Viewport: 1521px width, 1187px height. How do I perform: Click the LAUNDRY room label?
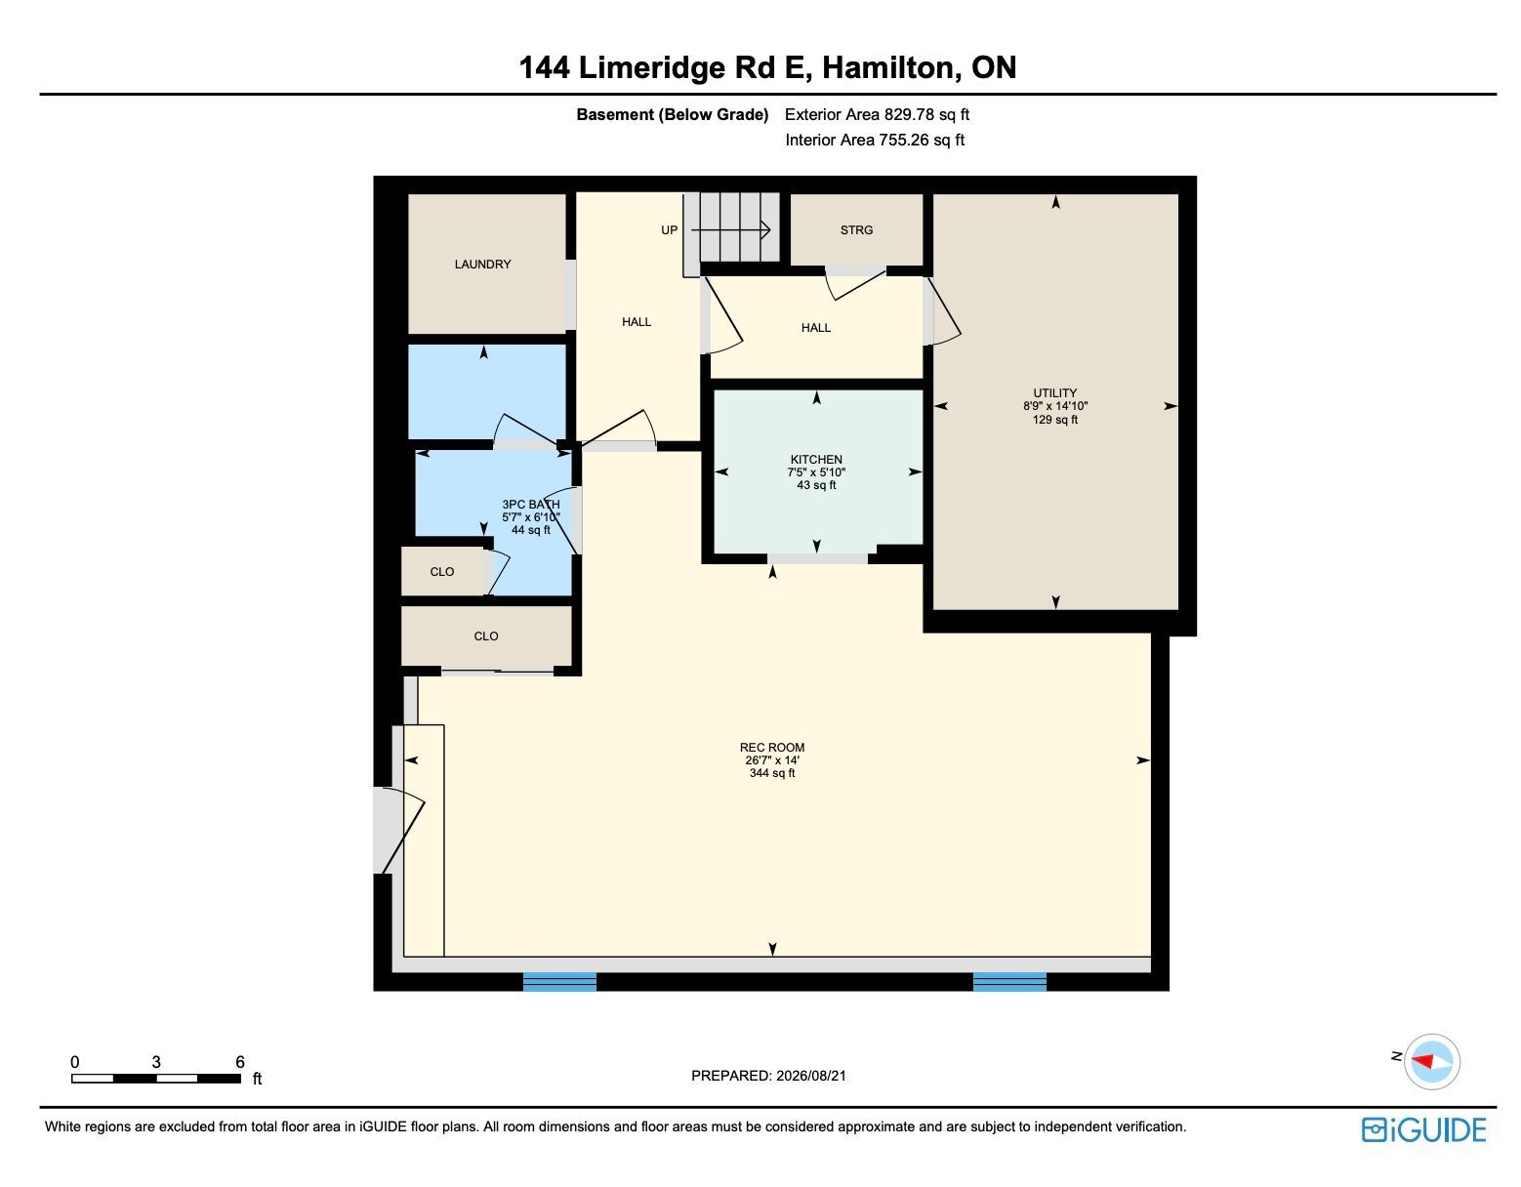[482, 264]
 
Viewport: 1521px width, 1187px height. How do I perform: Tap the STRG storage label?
[856, 229]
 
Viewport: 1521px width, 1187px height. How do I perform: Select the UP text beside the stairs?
[669, 229]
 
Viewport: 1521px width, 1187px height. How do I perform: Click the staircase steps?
[731, 227]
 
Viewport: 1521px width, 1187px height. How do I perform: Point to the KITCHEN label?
[816, 459]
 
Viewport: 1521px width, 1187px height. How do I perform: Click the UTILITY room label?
[1054, 392]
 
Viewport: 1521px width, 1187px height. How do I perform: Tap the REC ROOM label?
[772, 747]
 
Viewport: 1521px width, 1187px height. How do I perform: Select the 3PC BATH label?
[530, 504]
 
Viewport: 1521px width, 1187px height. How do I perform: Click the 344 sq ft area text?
[772, 773]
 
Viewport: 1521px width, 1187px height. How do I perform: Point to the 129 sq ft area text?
[1054, 419]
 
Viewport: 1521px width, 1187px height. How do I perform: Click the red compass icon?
[1431, 1061]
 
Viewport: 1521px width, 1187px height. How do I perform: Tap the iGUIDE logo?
[1423, 1129]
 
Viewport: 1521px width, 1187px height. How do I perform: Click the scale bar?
[156, 1079]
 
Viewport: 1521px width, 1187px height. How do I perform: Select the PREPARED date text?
[768, 1076]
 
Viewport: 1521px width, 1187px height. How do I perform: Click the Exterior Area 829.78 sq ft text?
[877, 114]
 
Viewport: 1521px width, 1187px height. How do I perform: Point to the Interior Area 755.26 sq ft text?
[875, 140]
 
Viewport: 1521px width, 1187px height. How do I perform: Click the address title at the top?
[767, 67]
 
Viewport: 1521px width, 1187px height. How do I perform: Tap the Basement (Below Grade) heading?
[672, 114]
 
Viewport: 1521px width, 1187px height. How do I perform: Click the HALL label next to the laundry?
[637, 321]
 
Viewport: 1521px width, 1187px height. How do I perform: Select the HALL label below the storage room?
[815, 328]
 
